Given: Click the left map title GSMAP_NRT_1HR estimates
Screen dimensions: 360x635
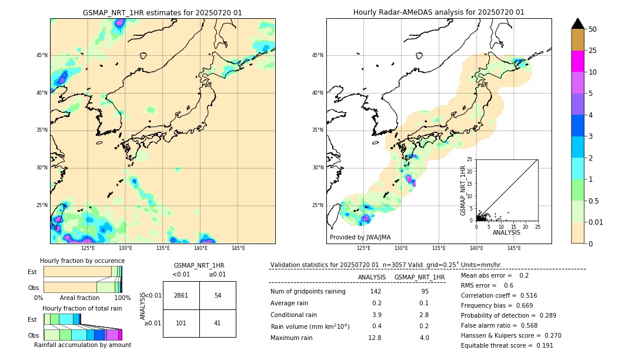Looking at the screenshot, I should [162, 12].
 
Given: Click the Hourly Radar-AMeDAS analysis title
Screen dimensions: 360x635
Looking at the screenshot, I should [439, 12].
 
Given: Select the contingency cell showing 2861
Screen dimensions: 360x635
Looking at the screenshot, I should [181, 295].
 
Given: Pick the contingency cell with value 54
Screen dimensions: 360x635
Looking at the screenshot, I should [218, 295].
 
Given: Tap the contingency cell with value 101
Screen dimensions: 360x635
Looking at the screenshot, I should [181, 323].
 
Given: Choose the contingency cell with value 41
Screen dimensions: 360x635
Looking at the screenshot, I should [218, 323].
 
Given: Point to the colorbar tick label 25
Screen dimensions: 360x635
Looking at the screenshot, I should [593, 51].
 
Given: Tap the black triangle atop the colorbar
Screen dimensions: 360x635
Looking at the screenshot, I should [578, 24].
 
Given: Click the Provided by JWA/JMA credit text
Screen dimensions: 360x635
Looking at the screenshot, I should [360, 238].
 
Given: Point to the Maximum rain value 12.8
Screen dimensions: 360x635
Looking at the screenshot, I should [375, 338].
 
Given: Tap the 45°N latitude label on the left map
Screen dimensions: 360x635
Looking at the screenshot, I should [42, 55].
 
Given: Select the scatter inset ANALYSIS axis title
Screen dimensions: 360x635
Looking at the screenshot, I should [506, 232].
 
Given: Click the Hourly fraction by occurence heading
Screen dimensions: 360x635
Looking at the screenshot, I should [82, 261].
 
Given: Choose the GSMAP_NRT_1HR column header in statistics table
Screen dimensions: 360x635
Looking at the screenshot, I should [419, 277].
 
